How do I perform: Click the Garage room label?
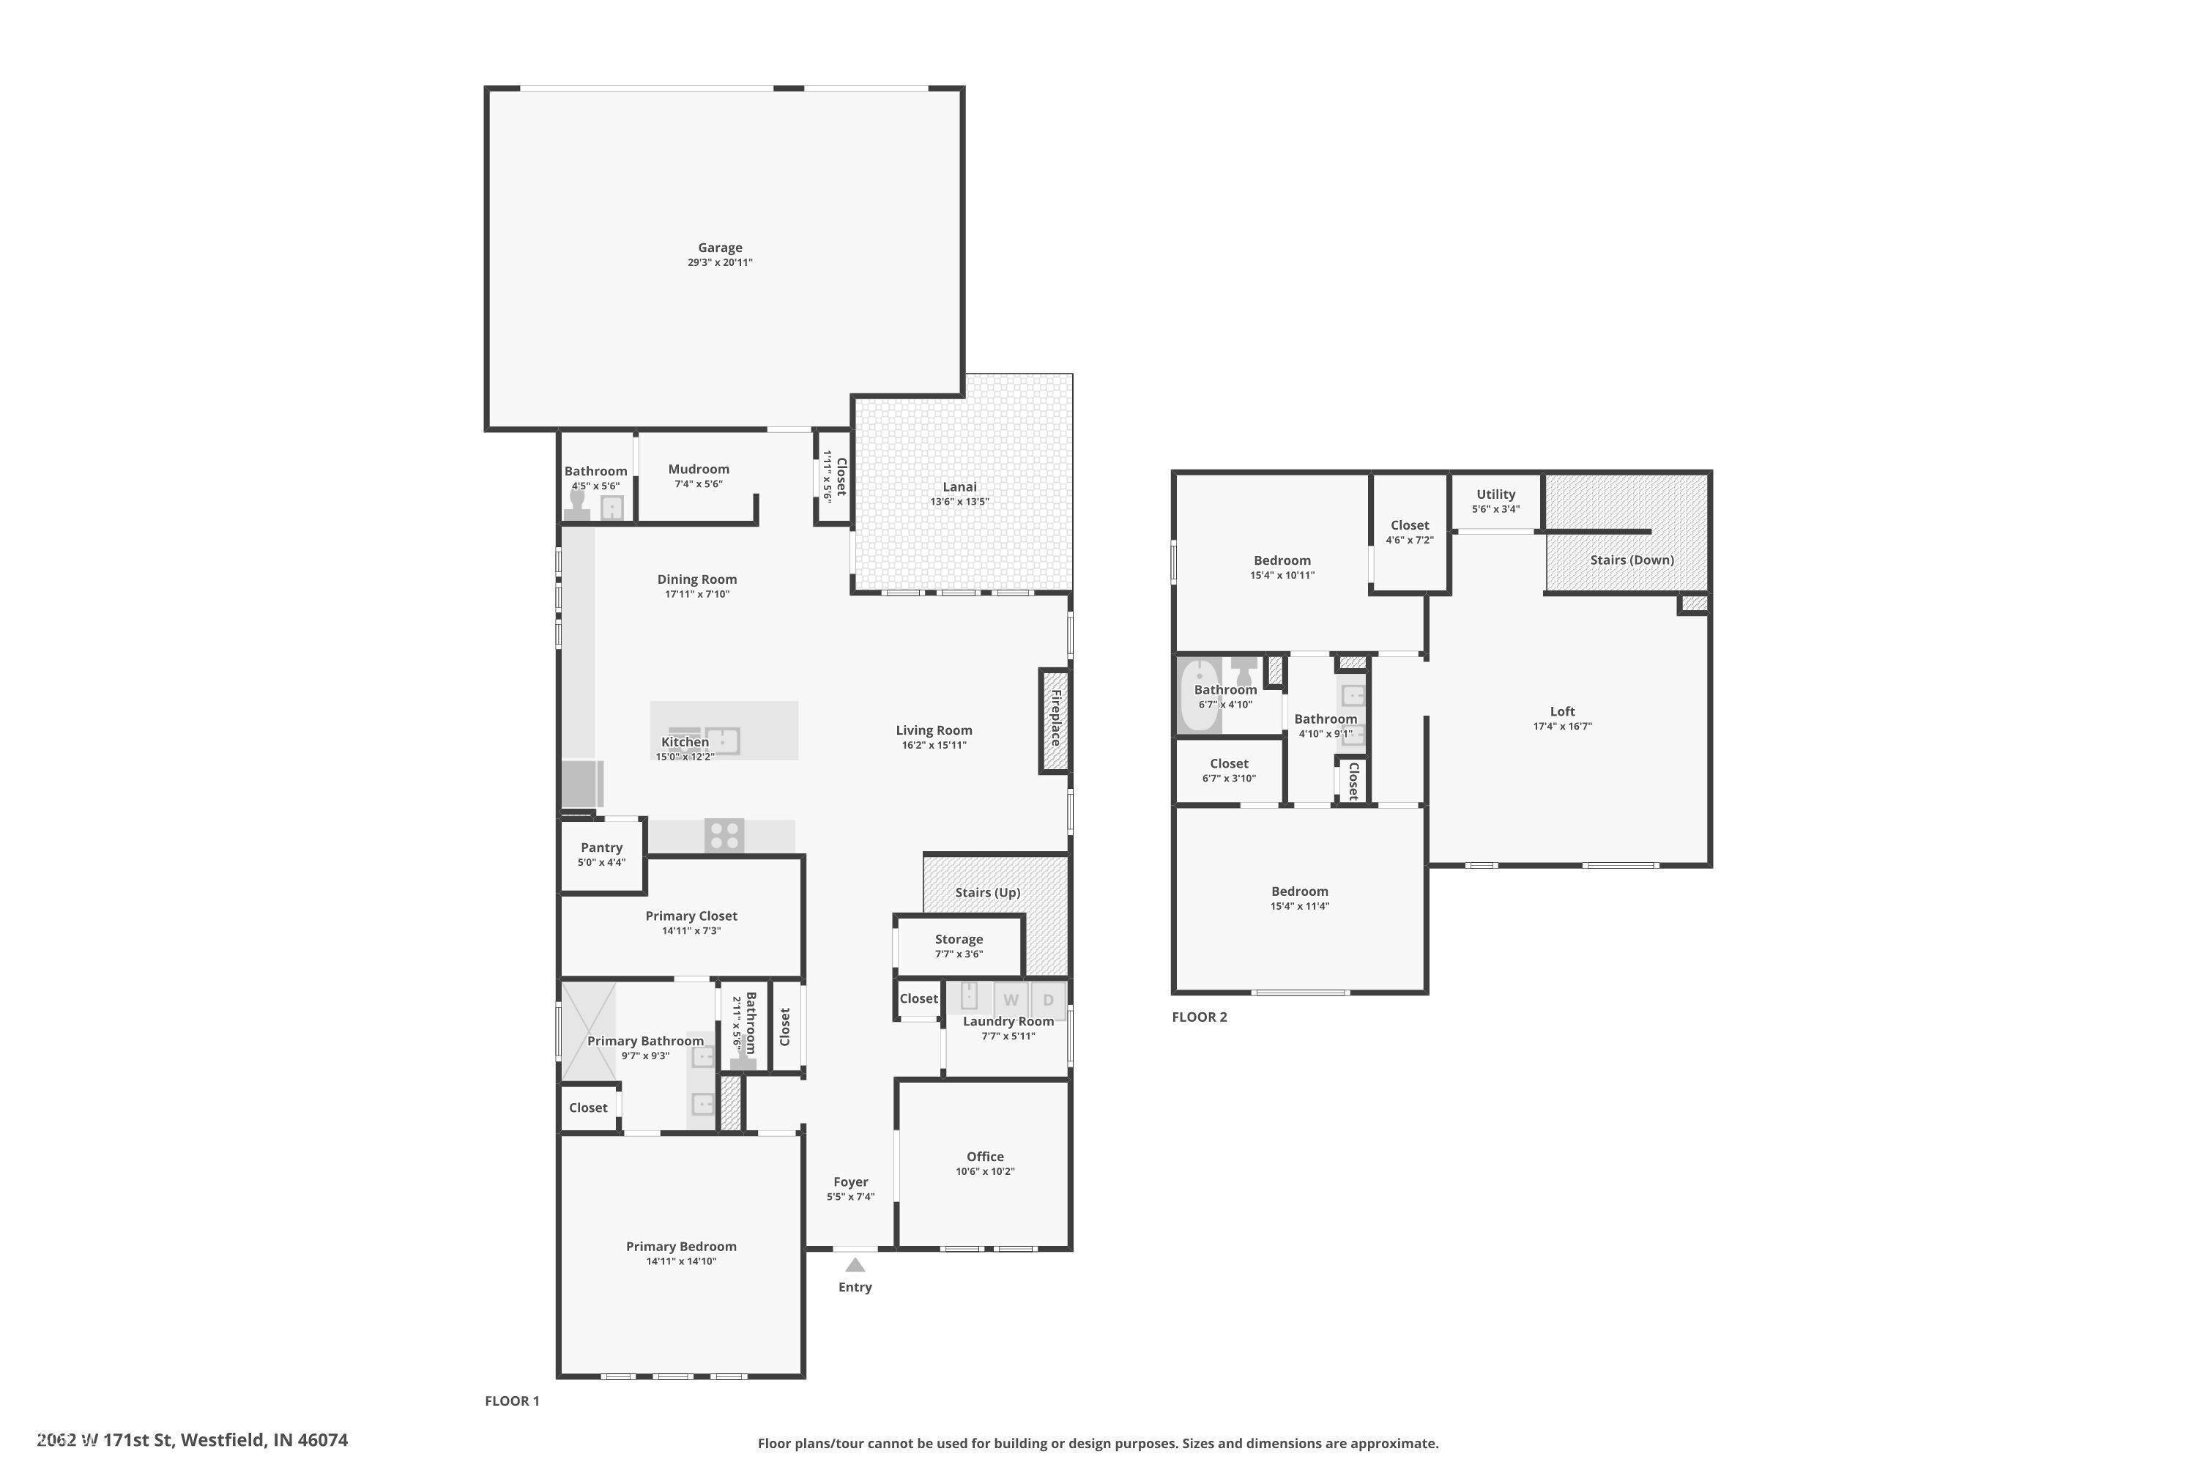[x=719, y=248]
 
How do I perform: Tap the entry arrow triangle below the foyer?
[x=855, y=1265]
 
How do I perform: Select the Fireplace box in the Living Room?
[x=1055, y=720]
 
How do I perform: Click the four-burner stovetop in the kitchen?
[x=724, y=835]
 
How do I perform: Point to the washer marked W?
[x=1011, y=999]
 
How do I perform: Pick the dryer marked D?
[x=1048, y=999]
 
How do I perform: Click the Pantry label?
[x=601, y=848]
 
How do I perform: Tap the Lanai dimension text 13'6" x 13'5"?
[x=959, y=502]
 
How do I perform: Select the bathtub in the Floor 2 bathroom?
[x=1198, y=695]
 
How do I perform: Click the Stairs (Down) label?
[x=1631, y=560]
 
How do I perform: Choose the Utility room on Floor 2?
[x=1495, y=501]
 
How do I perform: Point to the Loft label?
[x=1562, y=711]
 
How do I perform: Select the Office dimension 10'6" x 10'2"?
[x=984, y=1171]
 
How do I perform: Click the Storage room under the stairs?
[x=959, y=946]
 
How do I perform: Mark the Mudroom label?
[x=698, y=469]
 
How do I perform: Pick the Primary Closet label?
[x=691, y=916]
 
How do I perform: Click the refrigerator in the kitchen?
[x=580, y=784]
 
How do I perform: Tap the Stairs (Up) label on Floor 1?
[x=986, y=892]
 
